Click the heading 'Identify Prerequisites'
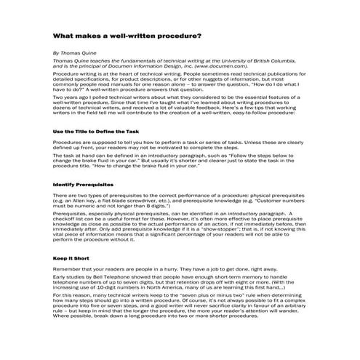81,185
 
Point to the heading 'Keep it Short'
71,258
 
